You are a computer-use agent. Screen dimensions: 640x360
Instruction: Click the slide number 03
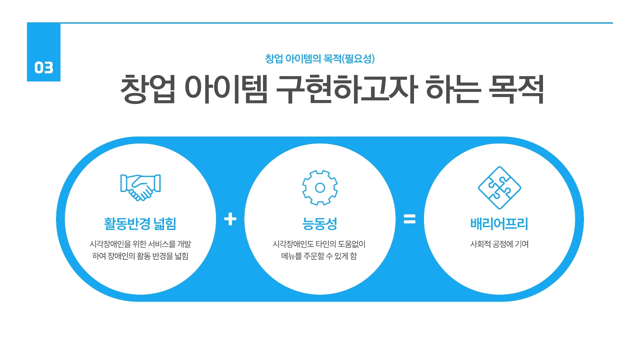(44, 68)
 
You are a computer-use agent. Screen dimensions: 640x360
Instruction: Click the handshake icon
(140, 187)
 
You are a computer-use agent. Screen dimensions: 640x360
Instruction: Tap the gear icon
(320, 188)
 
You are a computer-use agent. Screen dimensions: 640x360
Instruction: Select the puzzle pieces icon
(499, 188)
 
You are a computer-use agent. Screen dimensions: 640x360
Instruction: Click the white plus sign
(230, 219)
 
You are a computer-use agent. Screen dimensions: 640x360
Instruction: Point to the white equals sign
(410, 219)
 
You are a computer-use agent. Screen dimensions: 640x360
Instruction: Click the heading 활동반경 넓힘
(140, 224)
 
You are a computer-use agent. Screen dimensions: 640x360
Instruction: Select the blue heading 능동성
(320, 224)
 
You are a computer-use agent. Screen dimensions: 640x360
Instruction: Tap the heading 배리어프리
(499, 224)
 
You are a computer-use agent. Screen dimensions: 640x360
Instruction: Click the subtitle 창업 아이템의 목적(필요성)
(320, 59)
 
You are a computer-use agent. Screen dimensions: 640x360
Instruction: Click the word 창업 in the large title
(148, 89)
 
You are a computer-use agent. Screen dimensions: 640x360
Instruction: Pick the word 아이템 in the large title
(226, 89)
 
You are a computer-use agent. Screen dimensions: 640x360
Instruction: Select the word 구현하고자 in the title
(347, 89)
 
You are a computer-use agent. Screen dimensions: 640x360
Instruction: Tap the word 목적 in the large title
(516, 89)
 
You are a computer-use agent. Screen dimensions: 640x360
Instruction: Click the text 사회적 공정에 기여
(499, 244)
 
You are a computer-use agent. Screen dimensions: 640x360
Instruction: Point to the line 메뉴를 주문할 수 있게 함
(319, 256)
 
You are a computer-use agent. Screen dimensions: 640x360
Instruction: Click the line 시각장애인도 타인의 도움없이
(319, 244)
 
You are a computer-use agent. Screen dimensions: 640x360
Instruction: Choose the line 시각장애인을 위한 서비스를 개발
(140, 244)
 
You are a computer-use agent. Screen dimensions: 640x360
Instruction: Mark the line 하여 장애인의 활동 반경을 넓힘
(140, 256)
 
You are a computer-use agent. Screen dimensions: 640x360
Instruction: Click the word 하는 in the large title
(453, 89)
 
